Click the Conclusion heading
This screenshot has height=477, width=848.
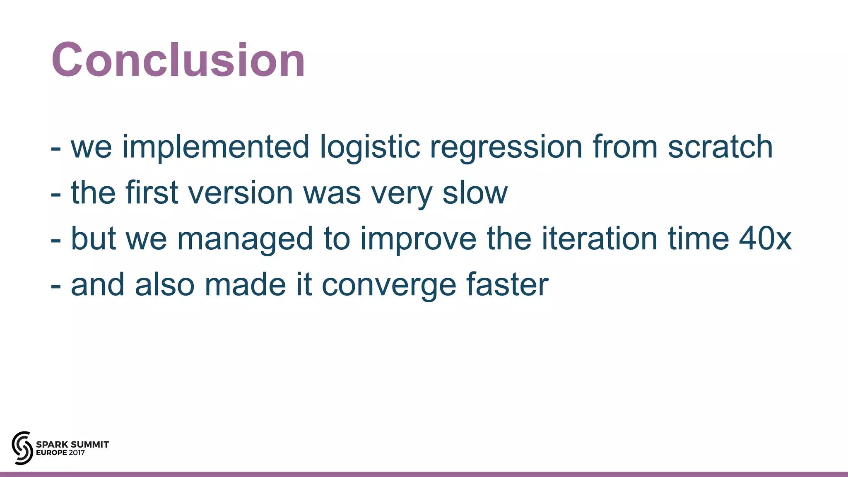coord(178,60)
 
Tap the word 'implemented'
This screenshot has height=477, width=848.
coord(215,147)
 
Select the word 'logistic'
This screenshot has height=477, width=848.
coord(370,147)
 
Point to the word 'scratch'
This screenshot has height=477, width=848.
coord(720,147)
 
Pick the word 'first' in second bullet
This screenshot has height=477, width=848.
coord(152,193)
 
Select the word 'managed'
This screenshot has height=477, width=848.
coord(245,239)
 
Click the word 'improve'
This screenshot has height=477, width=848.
coord(418,239)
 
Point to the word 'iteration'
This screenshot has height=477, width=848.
coord(600,238)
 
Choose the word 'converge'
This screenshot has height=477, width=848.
coord(389,285)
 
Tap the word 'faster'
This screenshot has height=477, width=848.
coord(507,285)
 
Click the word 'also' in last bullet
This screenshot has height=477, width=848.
coord(164,285)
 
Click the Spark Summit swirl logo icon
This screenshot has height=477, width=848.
coord(22,448)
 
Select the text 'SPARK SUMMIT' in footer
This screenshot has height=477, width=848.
coord(72,444)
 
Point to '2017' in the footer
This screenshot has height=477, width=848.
coord(77,453)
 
